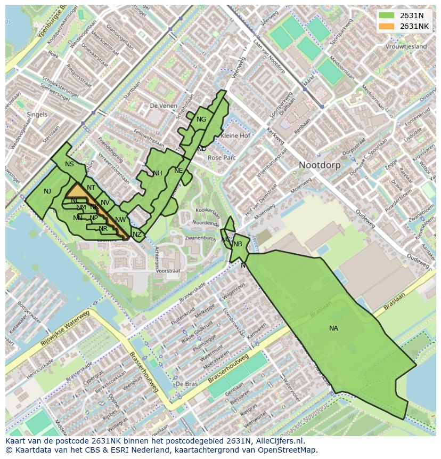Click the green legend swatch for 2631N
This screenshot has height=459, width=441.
tap(387, 15)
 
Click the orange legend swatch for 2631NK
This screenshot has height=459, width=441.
tap(387, 26)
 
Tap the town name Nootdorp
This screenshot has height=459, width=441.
tap(320, 165)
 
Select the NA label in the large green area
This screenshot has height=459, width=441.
tap(333, 328)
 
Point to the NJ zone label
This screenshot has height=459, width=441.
tap(47, 191)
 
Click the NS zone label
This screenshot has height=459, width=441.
tap(69, 164)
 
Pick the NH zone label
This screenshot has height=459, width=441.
tap(157, 173)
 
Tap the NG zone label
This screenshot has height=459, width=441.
tap(201, 119)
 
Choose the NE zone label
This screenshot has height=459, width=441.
tap(178, 171)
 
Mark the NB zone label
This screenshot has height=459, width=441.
tap(238, 244)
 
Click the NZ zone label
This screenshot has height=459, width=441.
tap(137, 235)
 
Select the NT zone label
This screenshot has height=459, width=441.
tap(91, 188)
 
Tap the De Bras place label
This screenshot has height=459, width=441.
tap(186, 384)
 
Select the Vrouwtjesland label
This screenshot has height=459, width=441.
tap(406, 47)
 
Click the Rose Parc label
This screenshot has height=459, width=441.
tap(222, 158)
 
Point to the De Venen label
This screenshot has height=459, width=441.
tap(163, 106)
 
